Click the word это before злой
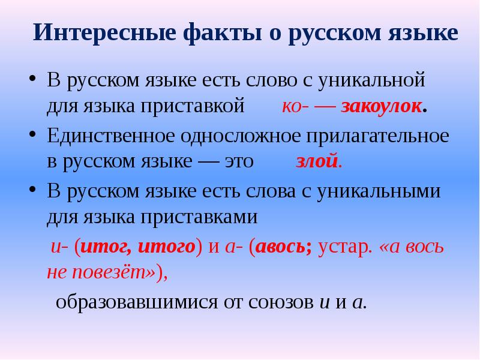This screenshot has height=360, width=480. coord(236,162)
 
